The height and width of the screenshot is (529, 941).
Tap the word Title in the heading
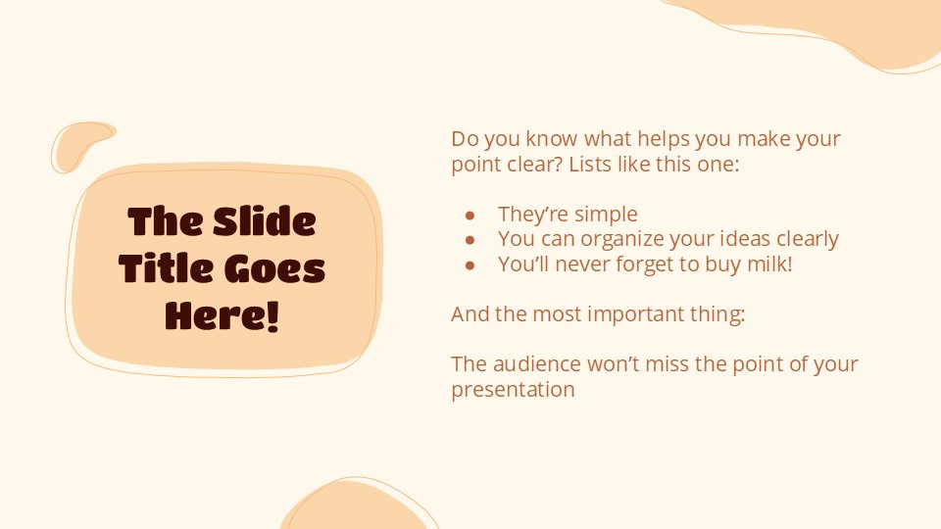[163, 269]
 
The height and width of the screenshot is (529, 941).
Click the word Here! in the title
[223, 315]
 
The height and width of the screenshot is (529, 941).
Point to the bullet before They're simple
[470, 215]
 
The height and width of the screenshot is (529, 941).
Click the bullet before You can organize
[470, 239]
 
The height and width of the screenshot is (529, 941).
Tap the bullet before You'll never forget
[470, 264]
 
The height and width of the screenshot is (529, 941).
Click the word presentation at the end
[513, 389]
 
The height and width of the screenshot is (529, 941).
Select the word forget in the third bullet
[642, 264]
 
